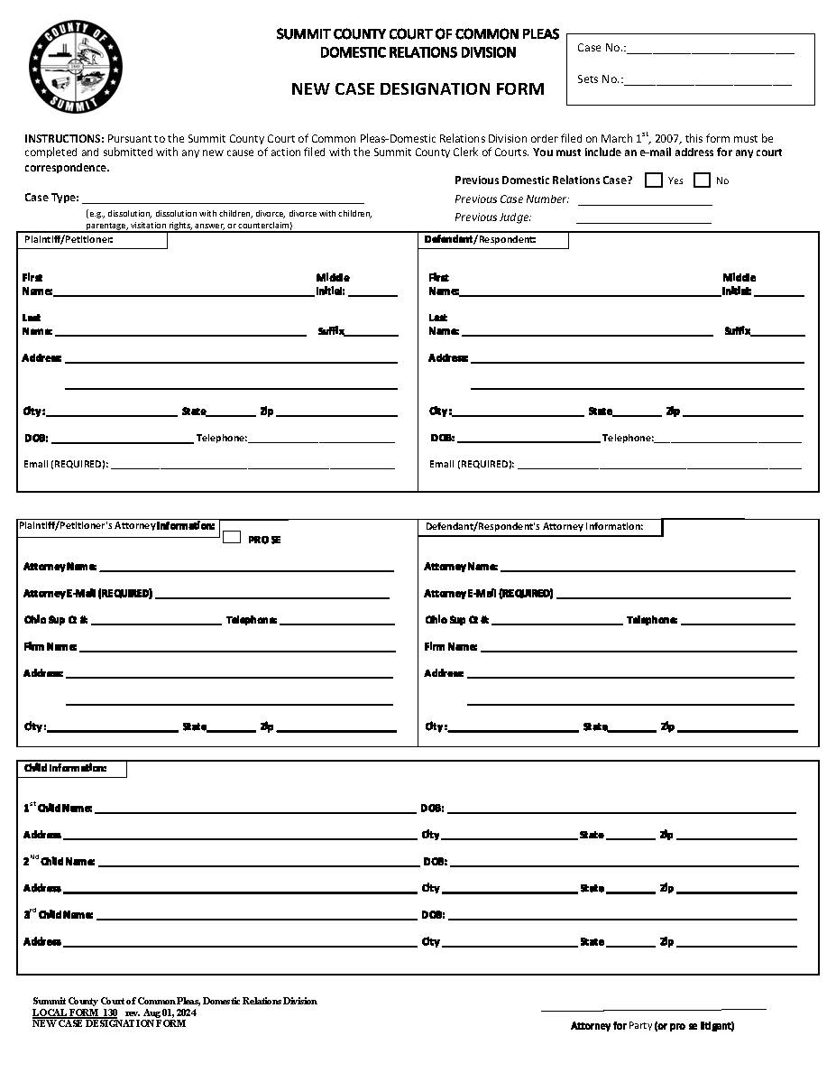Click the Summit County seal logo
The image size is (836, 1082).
tap(76, 66)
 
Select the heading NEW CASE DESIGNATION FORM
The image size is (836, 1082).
tap(418, 89)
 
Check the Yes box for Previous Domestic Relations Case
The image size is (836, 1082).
tap(654, 180)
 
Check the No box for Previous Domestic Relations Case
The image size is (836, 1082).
tap(703, 180)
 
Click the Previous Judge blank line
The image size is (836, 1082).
tap(644, 219)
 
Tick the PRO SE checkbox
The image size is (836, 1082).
tap(232, 537)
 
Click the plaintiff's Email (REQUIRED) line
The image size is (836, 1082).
tap(253, 467)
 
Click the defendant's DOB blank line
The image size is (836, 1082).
tap(528, 440)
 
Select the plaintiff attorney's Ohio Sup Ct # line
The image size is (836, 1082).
tap(156, 622)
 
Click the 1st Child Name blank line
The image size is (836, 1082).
tap(255, 810)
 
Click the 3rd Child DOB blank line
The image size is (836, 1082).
tap(622, 917)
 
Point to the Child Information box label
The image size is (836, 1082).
tap(71, 769)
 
